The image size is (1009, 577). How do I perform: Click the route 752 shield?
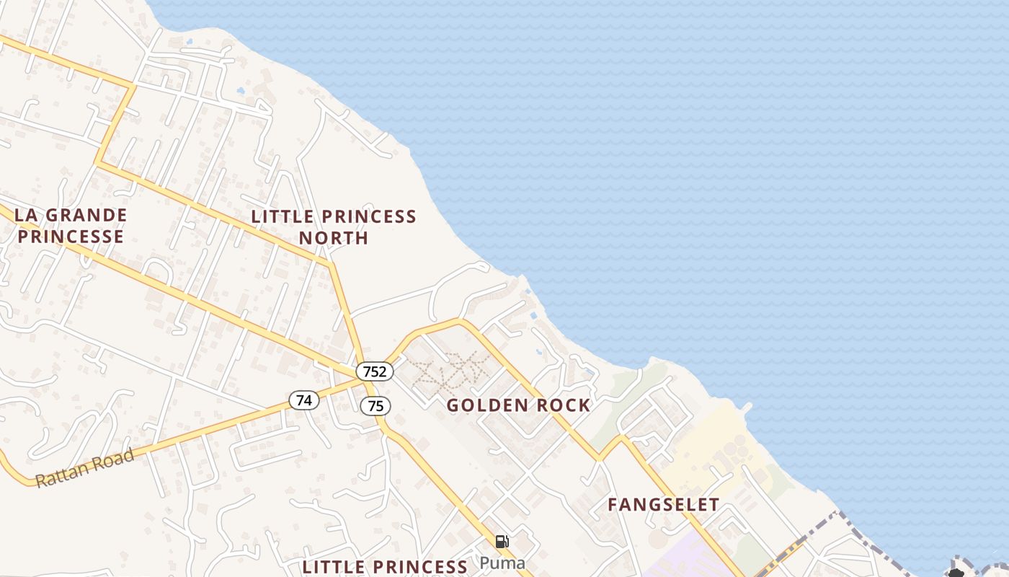pyautogui.click(x=375, y=371)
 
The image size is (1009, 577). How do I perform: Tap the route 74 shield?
pyautogui.click(x=304, y=400)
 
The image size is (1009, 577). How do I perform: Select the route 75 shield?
pyautogui.click(x=375, y=406)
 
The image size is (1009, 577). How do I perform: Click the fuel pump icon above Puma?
pyautogui.click(x=502, y=542)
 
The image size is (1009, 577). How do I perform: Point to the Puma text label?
pyautogui.click(x=502, y=563)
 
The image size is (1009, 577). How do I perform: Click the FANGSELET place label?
pyautogui.click(x=663, y=505)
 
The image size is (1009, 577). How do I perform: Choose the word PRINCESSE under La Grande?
pyautogui.click(x=71, y=237)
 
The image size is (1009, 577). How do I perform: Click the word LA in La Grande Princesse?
pyautogui.click(x=25, y=215)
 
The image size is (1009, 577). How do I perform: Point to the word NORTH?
pyautogui.click(x=334, y=238)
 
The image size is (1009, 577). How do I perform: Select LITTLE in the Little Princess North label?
pyautogui.click(x=283, y=216)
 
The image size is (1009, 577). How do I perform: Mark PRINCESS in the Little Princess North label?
pyautogui.click(x=369, y=216)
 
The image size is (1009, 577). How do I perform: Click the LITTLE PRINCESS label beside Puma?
pyautogui.click(x=385, y=567)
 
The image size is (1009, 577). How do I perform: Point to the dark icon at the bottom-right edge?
pyautogui.click(x=956, y=573)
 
